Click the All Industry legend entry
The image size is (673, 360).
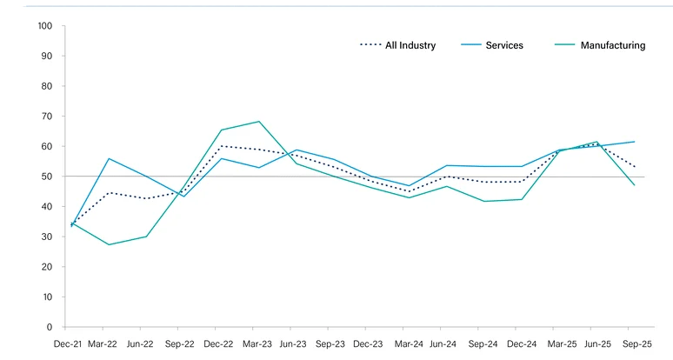click(x=410, y=45)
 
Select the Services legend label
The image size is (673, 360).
click(x=504, y=45)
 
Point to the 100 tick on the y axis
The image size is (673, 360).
click(x=45, y=26)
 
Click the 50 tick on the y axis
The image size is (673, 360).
click(x=48, y=177)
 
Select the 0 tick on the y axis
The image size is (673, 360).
click(x=50, y=327)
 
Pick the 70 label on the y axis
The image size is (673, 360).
click(x=48, y=117)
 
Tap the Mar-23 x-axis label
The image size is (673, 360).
click(x=258, y=345)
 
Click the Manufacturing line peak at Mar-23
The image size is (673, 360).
click(x=258, y=122)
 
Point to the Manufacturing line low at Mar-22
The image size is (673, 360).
click(x=109, y=244)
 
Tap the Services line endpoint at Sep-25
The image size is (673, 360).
click(x=634, y=142)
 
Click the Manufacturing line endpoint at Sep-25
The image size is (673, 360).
click(x=634, y=185)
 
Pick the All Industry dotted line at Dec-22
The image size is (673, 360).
click(x=221, y=146)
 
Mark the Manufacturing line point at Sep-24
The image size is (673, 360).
click(x=483, y=202)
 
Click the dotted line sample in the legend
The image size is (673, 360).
click(x=370, y=45)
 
